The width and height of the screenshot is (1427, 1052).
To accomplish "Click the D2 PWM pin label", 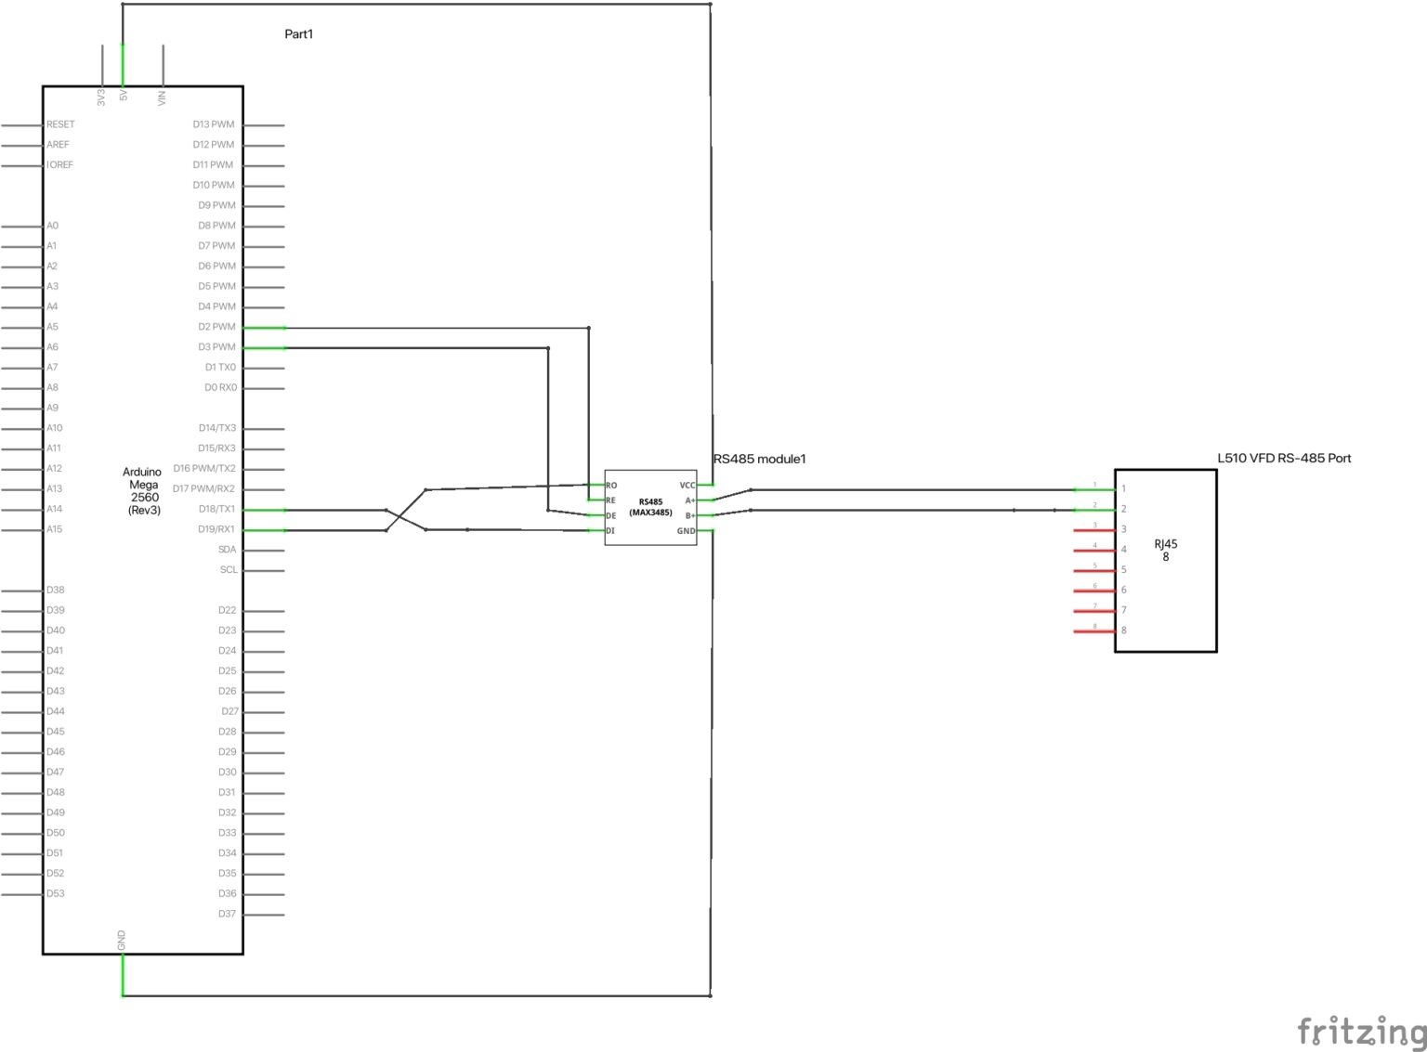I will tap(216, 327).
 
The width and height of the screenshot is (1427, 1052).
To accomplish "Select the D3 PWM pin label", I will tap(216, 347).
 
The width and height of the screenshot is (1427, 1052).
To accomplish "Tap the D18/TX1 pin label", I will tap(216, 509).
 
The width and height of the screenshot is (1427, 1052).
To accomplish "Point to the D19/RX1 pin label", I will tap(216, 529).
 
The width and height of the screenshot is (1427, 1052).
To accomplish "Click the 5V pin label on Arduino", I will tap(124, 95).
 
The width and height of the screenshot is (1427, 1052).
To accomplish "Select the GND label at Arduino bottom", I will tap(122, 940).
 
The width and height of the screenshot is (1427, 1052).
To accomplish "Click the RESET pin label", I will tap(60, 124).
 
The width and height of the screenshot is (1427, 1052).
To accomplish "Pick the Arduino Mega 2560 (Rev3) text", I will tap(143, 491).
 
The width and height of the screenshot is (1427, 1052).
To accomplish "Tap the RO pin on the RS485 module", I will tap(611, 486).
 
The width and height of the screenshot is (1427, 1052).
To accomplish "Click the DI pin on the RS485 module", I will tap(610, 531).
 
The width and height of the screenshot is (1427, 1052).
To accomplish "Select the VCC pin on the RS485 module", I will tap(687, 486).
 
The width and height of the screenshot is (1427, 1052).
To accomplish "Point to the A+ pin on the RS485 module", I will tap(690, 500).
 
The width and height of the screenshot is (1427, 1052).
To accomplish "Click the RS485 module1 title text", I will tap(760, 459).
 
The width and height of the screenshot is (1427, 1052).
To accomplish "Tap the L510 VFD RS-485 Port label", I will tap(1284, 458).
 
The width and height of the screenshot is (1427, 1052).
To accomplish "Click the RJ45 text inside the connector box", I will tap(1165, 545).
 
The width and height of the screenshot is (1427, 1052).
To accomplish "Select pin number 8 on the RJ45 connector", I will tap(1123, 630).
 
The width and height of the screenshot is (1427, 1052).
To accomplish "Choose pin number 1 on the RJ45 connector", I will tap(1123, 488).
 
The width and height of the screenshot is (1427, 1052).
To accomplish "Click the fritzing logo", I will tap(1360, 1031).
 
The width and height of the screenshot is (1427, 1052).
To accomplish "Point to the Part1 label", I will tap(298, 34).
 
